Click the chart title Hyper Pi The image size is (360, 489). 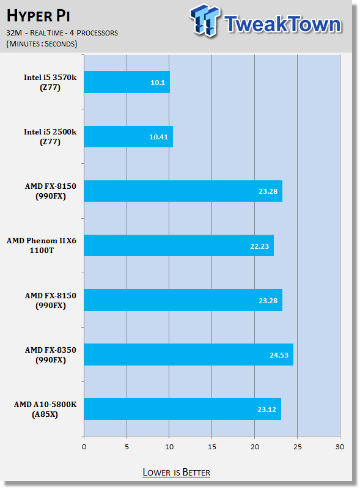(x=38, y=16)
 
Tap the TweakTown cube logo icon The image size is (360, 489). (x=205, y=20)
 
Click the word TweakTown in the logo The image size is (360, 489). (x=282, y=24)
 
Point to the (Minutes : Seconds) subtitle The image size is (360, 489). (x=42, y=43)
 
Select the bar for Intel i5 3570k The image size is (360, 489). (x=127, y=82)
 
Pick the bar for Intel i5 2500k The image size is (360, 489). (x=128, y=136)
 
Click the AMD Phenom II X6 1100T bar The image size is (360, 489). (x=178, y=246)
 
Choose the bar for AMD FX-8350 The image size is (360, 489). (x=189, y=355)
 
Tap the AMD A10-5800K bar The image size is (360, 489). (x=183, y=409)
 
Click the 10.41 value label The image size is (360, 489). (x=158, y=137)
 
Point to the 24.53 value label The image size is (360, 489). (x=279, y=355)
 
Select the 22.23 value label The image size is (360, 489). (x=259, y=246)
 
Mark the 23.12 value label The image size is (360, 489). (x=266, y=410)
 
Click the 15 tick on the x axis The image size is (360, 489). (x=212, y=447)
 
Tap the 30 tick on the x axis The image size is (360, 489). (x=340, y=447)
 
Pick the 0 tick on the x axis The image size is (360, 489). (x=84, y=447)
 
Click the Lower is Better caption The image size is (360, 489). (x=176, y=472)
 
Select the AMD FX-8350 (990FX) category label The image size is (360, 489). (x=51, y=355)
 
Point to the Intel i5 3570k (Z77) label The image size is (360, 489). (x=50, y=83)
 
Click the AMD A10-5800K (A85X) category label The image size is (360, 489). (x=45, y=409)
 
